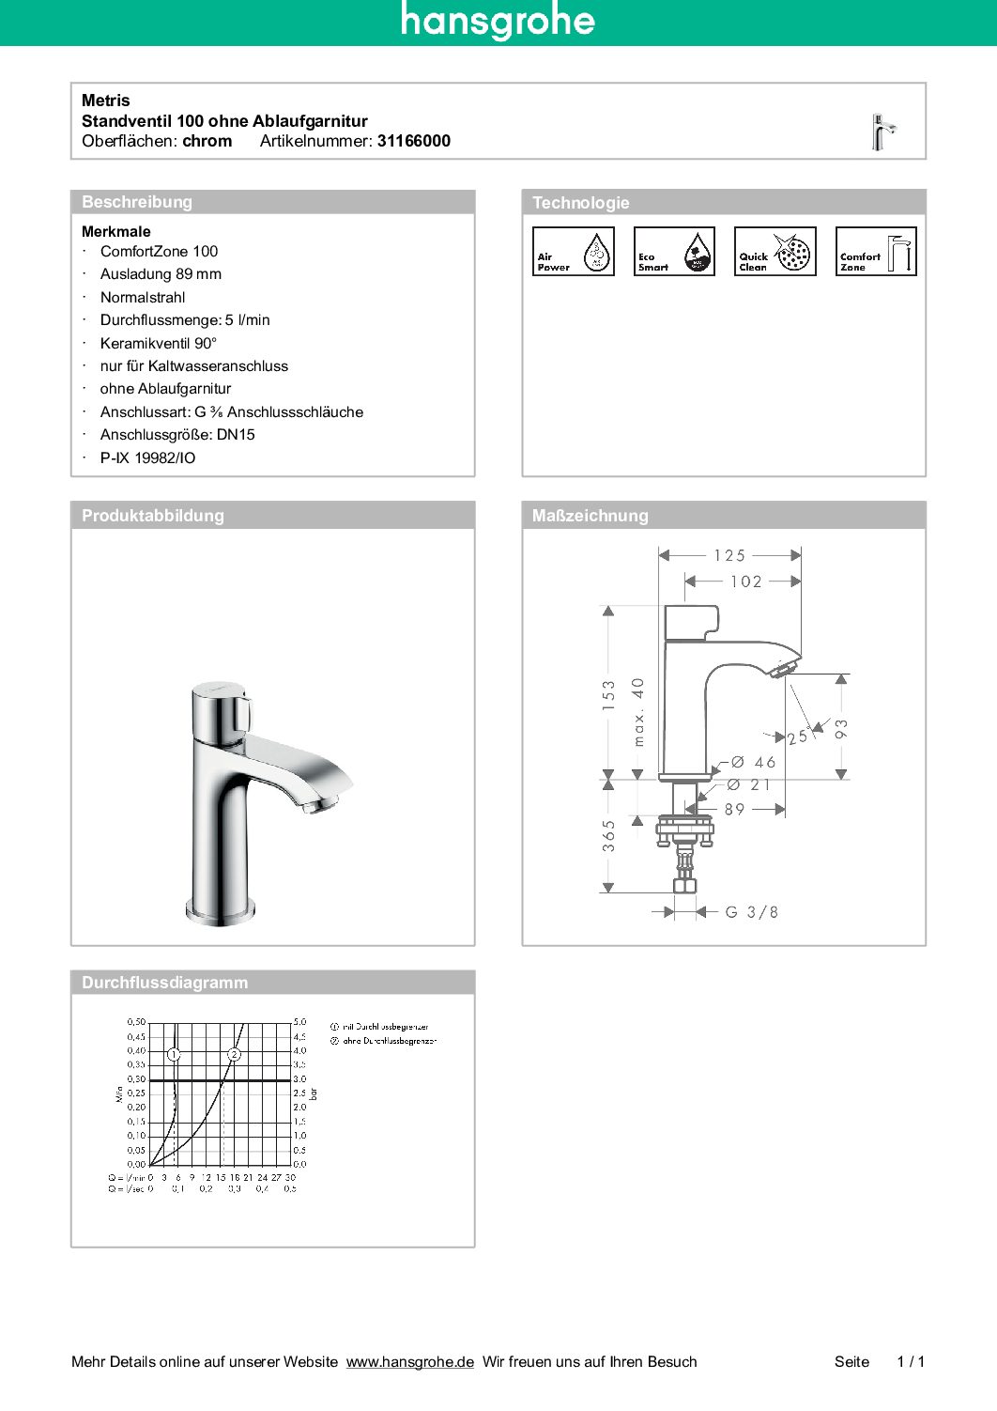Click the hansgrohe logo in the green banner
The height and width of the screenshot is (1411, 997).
coord(498,21)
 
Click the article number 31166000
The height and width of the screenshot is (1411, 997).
coord(413,141)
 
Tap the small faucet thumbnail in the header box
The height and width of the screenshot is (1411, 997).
coord(882,132)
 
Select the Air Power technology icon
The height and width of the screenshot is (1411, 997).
coord(573,252)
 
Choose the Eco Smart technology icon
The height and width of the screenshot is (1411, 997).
coord(674,252)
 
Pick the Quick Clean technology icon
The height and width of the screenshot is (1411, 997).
coord(775,252)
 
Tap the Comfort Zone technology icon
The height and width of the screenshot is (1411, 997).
coord(876,252)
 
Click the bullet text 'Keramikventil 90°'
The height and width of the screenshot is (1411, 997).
coord(158,343)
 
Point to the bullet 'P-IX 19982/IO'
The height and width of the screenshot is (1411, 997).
coord(147,458)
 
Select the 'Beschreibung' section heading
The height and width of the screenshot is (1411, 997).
coord(137,202)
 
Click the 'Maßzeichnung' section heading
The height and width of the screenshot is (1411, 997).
coord(590,516)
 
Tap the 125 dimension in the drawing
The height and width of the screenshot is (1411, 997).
coord(729,555)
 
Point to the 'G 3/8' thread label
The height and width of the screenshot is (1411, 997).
coord(752,912)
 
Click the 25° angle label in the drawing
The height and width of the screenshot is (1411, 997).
coord(799,737)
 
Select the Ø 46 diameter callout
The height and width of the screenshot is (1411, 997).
coord(753,763)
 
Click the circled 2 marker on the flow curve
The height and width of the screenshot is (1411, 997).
coord(234,1054)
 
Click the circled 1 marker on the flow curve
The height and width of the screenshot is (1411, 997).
coord(174,1054)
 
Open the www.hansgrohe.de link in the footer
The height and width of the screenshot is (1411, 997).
coord(409,1362)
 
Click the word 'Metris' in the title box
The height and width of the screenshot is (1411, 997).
coord(106,101)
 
